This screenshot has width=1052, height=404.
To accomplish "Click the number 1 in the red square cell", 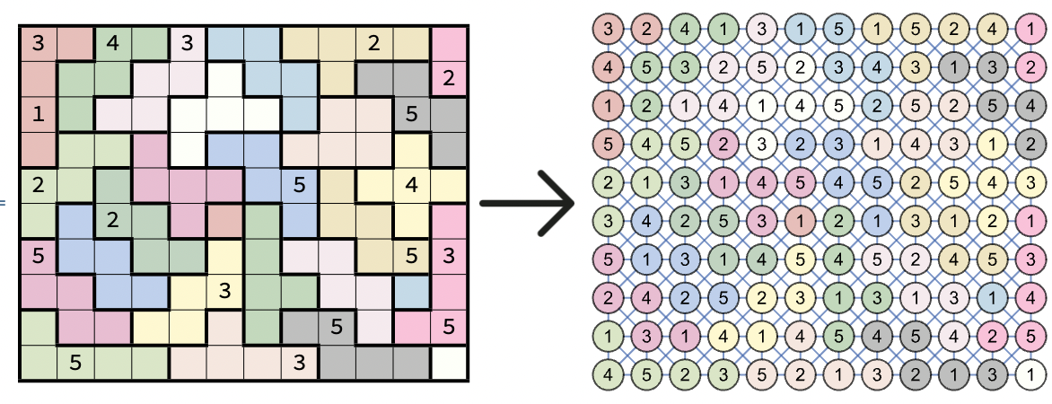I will point(38,114).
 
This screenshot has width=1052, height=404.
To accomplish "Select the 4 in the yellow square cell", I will point(412,186).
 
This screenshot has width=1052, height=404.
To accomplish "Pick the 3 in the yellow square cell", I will point(224,290).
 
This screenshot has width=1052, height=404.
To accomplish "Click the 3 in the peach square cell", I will point(300,362).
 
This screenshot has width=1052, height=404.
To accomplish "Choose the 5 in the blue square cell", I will point(300,186).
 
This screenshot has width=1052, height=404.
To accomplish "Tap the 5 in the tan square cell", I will point(412,256).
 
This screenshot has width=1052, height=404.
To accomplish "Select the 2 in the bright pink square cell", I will point(450,78).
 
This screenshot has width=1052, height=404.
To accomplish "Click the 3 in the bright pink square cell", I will point(450,256).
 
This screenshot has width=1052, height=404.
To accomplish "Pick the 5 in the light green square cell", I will point(75,362).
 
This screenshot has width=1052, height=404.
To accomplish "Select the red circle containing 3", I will point(609,29).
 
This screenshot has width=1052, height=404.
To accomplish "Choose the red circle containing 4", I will point(609,66).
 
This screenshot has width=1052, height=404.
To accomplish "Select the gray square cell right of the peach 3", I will point(338,362).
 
